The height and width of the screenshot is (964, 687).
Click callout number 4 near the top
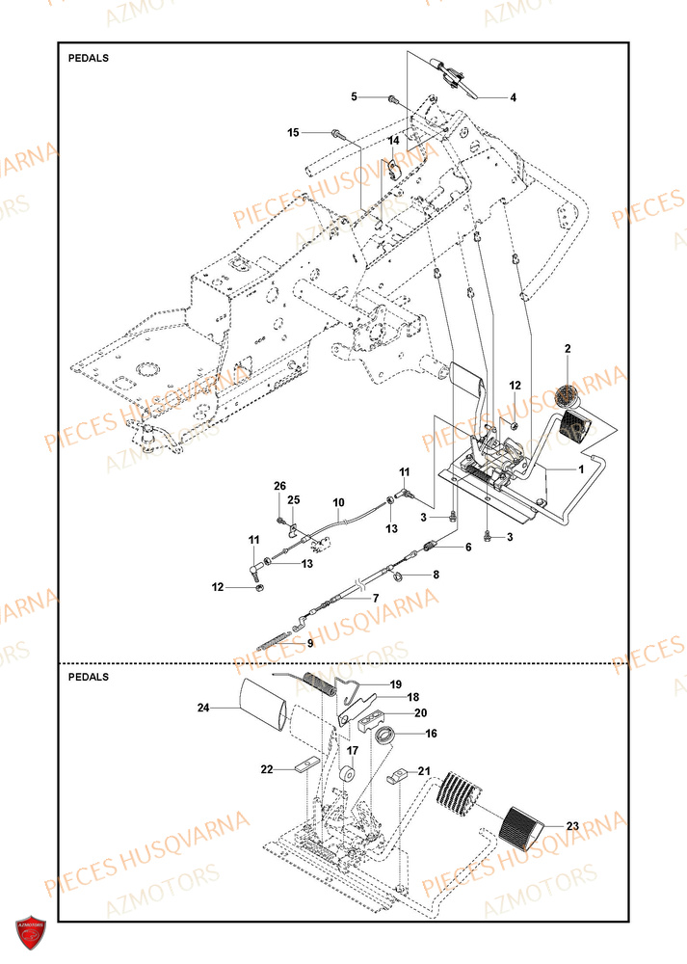click(513, 97)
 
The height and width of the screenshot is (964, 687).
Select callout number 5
click(354, 96)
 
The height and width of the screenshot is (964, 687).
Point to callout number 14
click(393, 141)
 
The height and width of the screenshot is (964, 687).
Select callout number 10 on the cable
click(338, 502)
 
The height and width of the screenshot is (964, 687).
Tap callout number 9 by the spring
click(309, 644)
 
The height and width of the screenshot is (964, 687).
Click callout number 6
click(468, 547)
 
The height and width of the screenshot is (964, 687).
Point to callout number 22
click(266, 768)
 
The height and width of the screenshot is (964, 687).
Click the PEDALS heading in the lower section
click(89, 677)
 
